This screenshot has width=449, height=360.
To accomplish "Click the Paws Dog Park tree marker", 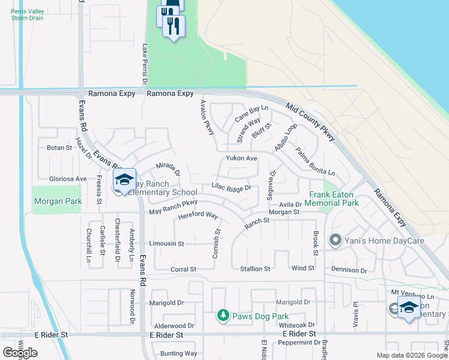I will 223,316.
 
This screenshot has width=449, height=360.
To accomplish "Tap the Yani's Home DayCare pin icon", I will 335,241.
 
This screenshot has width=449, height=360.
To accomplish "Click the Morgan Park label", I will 58,202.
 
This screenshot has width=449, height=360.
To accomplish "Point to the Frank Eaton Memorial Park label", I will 334,199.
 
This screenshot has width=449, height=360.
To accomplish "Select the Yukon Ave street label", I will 241,158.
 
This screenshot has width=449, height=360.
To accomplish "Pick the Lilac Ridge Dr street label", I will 231,188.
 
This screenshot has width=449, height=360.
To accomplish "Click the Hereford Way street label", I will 197,215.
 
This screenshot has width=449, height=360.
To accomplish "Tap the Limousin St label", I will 167,244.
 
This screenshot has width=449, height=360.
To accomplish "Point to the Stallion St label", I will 255,269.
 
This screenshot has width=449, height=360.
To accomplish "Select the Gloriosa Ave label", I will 68,179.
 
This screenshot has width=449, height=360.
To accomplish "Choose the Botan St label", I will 59,147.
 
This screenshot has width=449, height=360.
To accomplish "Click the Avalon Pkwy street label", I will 208,117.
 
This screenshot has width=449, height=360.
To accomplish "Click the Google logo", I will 20,353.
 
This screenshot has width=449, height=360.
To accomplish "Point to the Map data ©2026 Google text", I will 411,355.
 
